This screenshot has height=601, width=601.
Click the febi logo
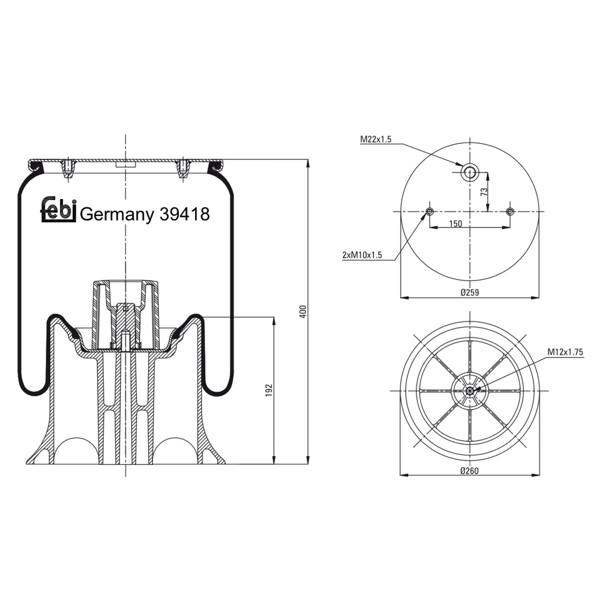click(58, 210)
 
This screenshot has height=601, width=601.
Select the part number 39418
click(185, 214)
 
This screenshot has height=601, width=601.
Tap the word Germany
click(117, 215)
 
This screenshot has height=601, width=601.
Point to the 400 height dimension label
click(303, 311)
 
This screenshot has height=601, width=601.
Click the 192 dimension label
click(269, 391)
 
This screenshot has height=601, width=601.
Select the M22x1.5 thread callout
click(376, 139)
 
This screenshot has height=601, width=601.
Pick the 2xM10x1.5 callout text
click(362, 255)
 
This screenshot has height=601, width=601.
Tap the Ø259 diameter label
click(470, 293)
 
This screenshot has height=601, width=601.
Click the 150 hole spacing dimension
click(455, 223)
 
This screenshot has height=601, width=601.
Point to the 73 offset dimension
click(484, 192)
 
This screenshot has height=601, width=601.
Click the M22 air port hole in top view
click(470, 172)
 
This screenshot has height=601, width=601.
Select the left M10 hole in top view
click(429, 211)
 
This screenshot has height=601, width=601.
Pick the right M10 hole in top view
click(510, 211)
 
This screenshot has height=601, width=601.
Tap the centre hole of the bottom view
click(470, 391)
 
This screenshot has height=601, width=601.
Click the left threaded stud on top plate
click(67, 168)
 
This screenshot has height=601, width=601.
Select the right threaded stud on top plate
click(183, 168)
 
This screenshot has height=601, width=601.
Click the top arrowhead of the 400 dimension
click(308, 163)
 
